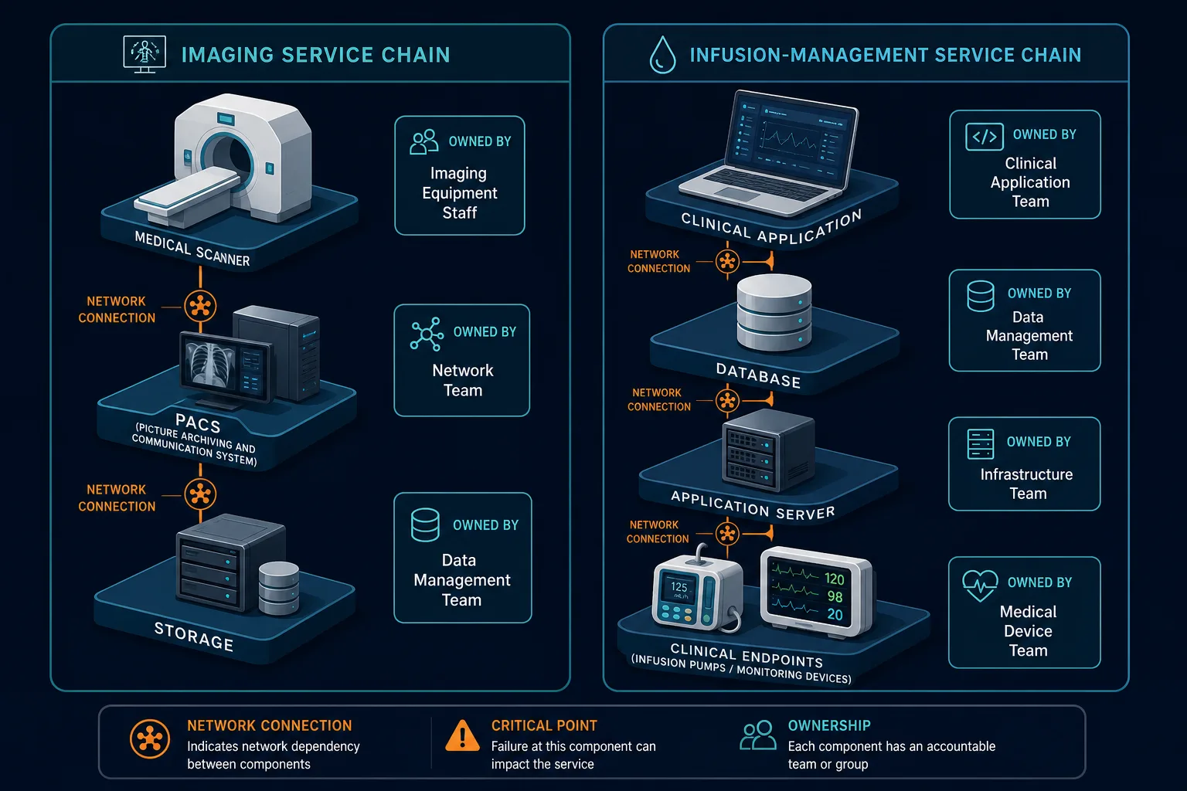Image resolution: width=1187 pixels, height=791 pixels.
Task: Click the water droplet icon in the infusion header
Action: pyautogui.click(x=662, y=55)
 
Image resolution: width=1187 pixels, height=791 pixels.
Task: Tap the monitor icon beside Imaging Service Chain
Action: pyautogui.click(x=145, y=54)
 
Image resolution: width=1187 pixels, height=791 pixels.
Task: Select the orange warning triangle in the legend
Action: pyautogui.click(x=462, y=735)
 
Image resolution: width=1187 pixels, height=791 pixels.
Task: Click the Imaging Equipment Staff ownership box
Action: pyautogui.click(x=460, y=175)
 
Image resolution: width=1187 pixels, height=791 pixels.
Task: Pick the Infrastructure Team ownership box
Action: pyautogui.click(x=1024, y=463)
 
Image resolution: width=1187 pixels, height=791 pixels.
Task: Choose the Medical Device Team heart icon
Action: pyautogui.click(x=980, y=586)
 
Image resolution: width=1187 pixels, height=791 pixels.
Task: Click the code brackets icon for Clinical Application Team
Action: pyautogui.click(x=984, y=137)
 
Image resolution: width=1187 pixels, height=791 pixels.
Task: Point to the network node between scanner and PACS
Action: pyautogui.click(x=200, y=306)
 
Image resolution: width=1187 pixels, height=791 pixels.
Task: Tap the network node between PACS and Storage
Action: pyautogui.click(x=200, y=494)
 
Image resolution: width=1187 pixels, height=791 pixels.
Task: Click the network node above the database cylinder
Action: pyautogui.click(x=727, y=261)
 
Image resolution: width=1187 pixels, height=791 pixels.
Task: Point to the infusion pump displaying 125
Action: pyautogui.click(x=697, y=591)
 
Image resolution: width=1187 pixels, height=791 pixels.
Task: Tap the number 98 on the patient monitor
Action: pyautogui.click(x=835, y=596)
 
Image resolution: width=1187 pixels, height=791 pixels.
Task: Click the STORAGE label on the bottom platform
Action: pyautogui.click(x=193, y=637)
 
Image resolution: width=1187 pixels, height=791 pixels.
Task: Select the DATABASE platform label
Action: pyautogui.click(x=758, y=375)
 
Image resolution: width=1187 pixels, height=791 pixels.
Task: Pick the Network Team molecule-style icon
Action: pyautogui.click(x=427, y=334)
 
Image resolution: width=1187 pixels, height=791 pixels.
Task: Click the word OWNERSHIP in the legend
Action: pyautogui.click(x=829, y=725)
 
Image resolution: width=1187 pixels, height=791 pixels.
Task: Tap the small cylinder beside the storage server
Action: pyautogui.click(x=279, y=588)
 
